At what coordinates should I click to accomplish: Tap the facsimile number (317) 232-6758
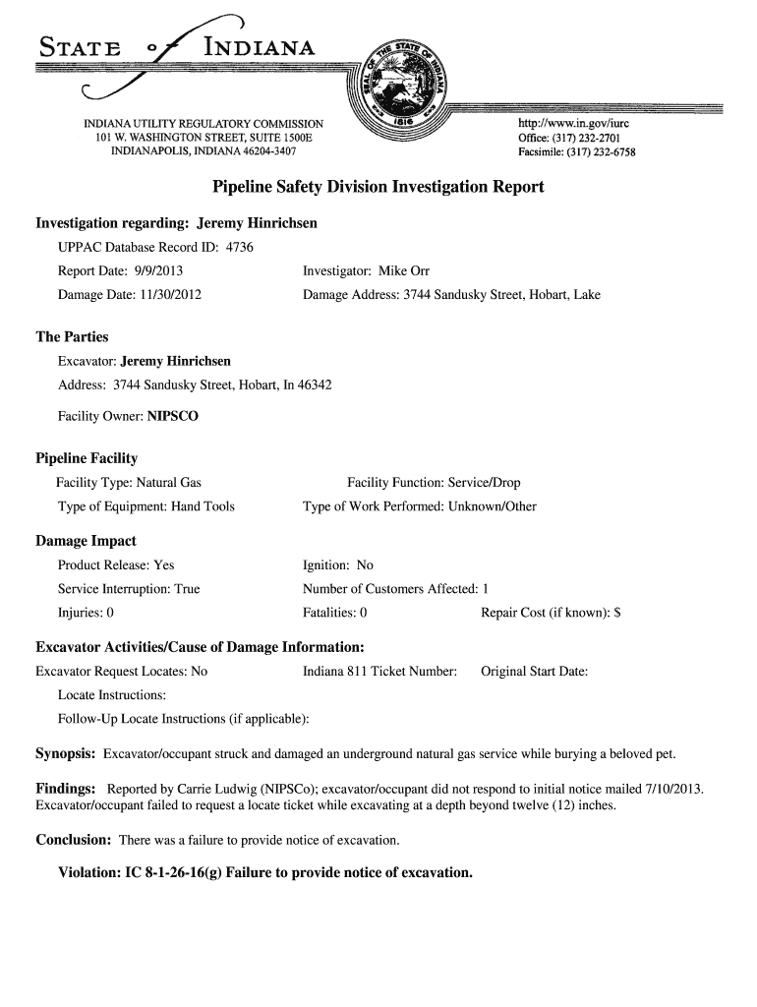point(599,152)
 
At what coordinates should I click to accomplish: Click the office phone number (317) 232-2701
point(591,139)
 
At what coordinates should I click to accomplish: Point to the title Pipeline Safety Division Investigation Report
point(378,187)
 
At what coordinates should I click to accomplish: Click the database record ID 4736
point(240,247)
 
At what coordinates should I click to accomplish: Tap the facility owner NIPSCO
point(173,416)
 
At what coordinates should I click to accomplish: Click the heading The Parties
point(72,336)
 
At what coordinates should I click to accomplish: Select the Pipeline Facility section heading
point(87,458)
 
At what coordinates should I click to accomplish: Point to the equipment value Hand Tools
point(204,506)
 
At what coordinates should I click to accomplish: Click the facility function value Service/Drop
point(484,483)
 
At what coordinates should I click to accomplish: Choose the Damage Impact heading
point(86,541)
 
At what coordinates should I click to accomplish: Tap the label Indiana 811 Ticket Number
point(379,672)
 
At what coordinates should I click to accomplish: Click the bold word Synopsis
point(65,753)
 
